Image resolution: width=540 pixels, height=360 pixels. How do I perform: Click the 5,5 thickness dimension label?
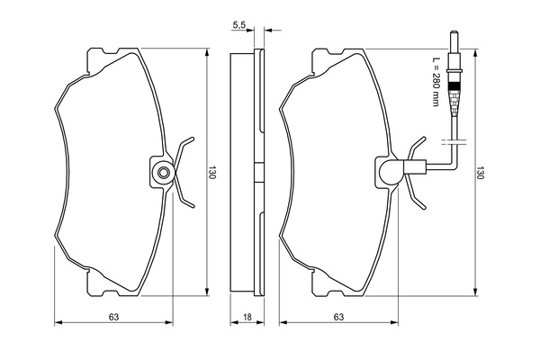click(238, 25)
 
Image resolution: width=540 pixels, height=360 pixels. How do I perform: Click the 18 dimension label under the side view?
click(247, 318)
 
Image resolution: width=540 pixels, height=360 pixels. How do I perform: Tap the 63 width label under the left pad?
click(113, 318)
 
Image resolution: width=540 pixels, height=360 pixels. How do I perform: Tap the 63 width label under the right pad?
click(338, 318)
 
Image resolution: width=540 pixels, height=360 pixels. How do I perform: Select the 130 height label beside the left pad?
click(211, 172)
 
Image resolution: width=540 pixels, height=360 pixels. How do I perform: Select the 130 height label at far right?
click(481, 172)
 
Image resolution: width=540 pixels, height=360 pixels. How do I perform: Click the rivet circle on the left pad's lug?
click(163, 173)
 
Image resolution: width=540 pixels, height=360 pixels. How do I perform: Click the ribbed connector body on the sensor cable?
click(454, 98)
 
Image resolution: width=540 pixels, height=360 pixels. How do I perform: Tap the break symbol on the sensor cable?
click(454, 142)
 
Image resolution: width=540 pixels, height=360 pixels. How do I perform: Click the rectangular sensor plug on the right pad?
click(415, 167)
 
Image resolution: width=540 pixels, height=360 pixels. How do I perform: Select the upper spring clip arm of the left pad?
click(184, 150)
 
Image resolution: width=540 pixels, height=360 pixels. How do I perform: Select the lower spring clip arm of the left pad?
click(184, 193)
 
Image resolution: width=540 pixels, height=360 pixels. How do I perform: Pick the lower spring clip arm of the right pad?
click(416, 193)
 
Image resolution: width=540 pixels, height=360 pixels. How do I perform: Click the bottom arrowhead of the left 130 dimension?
click(207, 292)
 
